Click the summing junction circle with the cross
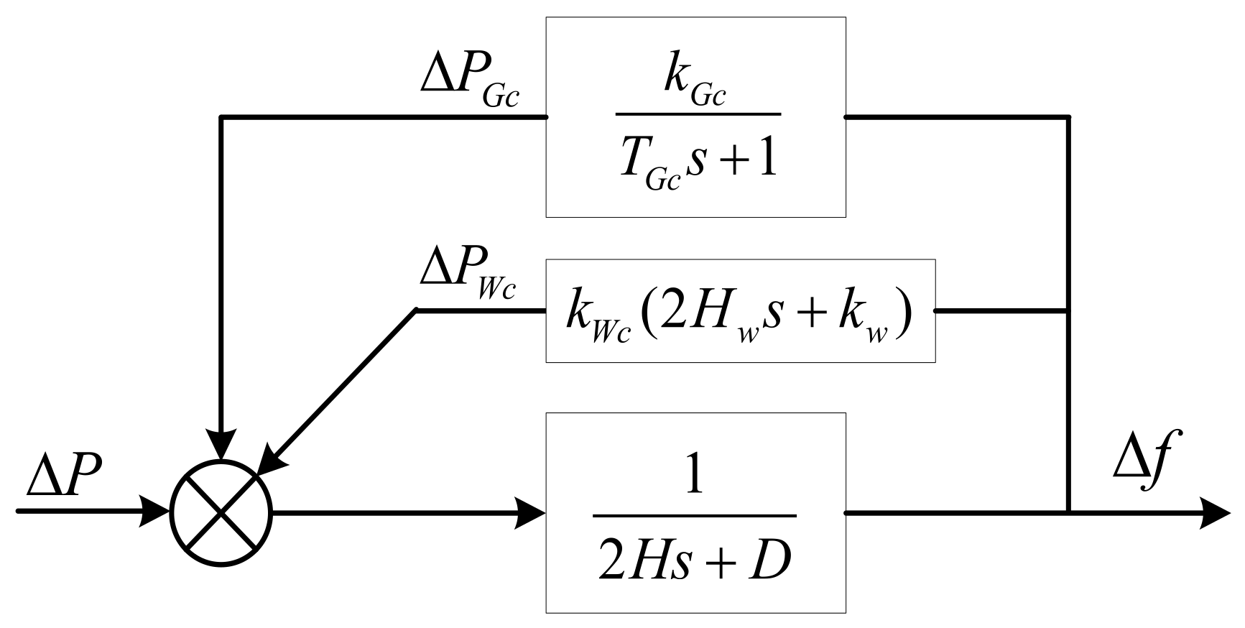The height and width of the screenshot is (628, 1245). click(x=221, y=513)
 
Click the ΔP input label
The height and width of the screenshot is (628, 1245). click(x=65, y=477)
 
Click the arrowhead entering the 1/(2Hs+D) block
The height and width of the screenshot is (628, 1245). click(x=530, y=513)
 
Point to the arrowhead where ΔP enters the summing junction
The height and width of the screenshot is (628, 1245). click(x=157, y=512)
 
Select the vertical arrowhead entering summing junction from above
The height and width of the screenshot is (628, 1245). click(x=221, y=445)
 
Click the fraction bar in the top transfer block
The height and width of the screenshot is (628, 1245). click(x=698, y=114)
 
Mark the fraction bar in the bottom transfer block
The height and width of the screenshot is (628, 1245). click(x=695, y=515)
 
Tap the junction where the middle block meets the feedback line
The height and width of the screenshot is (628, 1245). click(x=1069, y=310)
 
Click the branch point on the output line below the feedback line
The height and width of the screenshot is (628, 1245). click(x=1069, y=513)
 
